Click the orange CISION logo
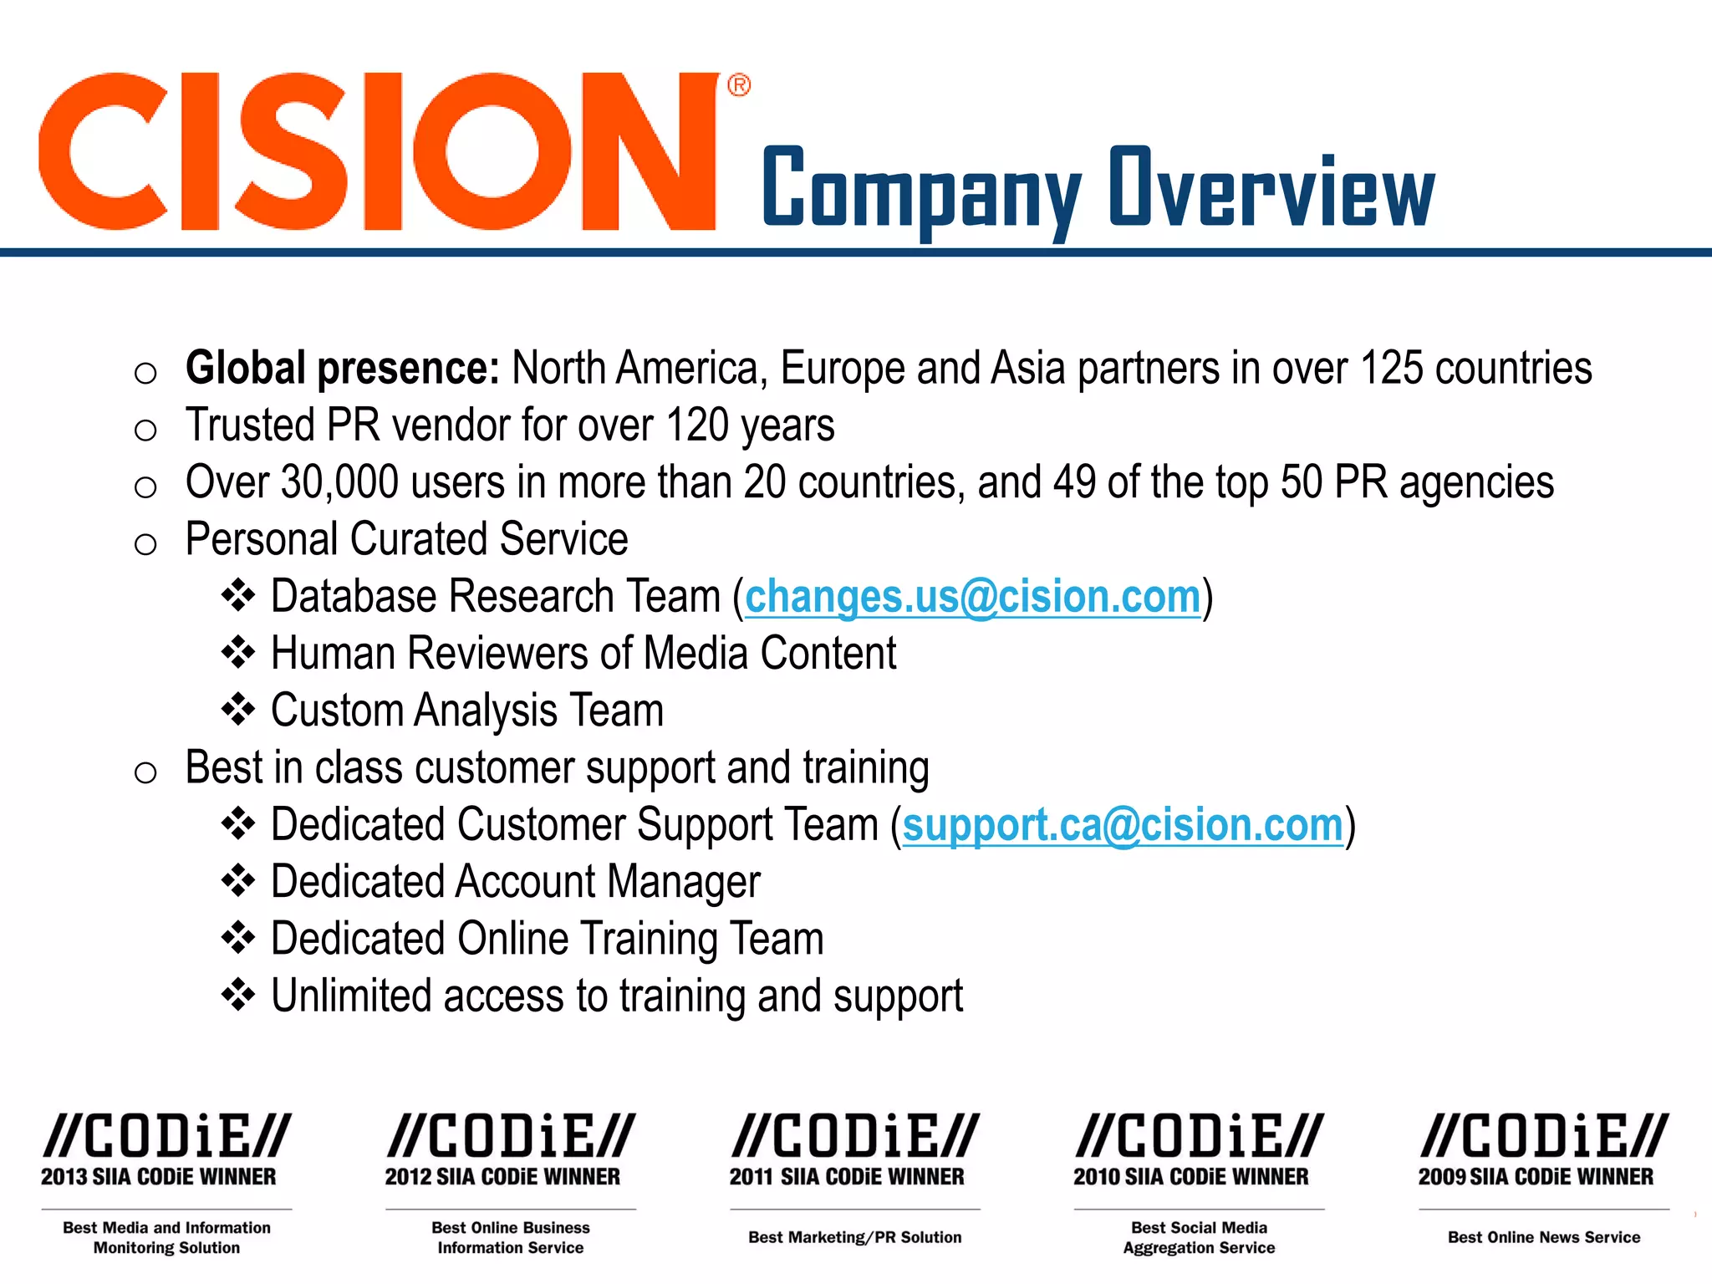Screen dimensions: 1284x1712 click(x=376, y=150)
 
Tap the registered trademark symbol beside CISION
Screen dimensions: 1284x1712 click(x=739, y=85)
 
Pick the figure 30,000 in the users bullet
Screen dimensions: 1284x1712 click(x=339, y=483)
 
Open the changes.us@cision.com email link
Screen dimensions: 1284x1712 click(x=972, y=597)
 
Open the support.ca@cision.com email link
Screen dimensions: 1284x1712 click(x=1123, y=826)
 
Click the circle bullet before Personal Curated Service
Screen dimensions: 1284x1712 click(x=145, y=544)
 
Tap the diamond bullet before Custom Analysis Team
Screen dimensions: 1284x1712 click(x=238, y=710)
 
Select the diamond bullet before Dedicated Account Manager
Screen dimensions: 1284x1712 click(x=238, y=881)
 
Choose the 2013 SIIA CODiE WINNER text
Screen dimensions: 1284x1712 click(x=159, y=1177)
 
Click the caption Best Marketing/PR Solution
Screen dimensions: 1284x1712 click(x=854, y=1237)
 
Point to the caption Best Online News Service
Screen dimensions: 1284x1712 click(x=1543, y=1237)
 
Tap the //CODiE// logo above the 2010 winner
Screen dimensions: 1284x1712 click(x=1199, y=1136)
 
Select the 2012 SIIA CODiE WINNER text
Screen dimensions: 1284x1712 click(x=502, y=1177)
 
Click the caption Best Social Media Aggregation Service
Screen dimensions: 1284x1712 click(x=1199, y=1238)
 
